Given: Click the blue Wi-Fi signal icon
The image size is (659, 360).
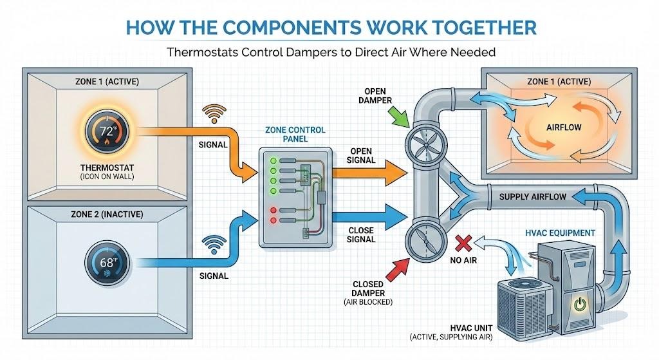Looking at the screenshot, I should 214,245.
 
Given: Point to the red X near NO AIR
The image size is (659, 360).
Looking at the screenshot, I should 461,243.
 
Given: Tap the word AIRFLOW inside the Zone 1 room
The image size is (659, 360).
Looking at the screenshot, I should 563,128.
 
